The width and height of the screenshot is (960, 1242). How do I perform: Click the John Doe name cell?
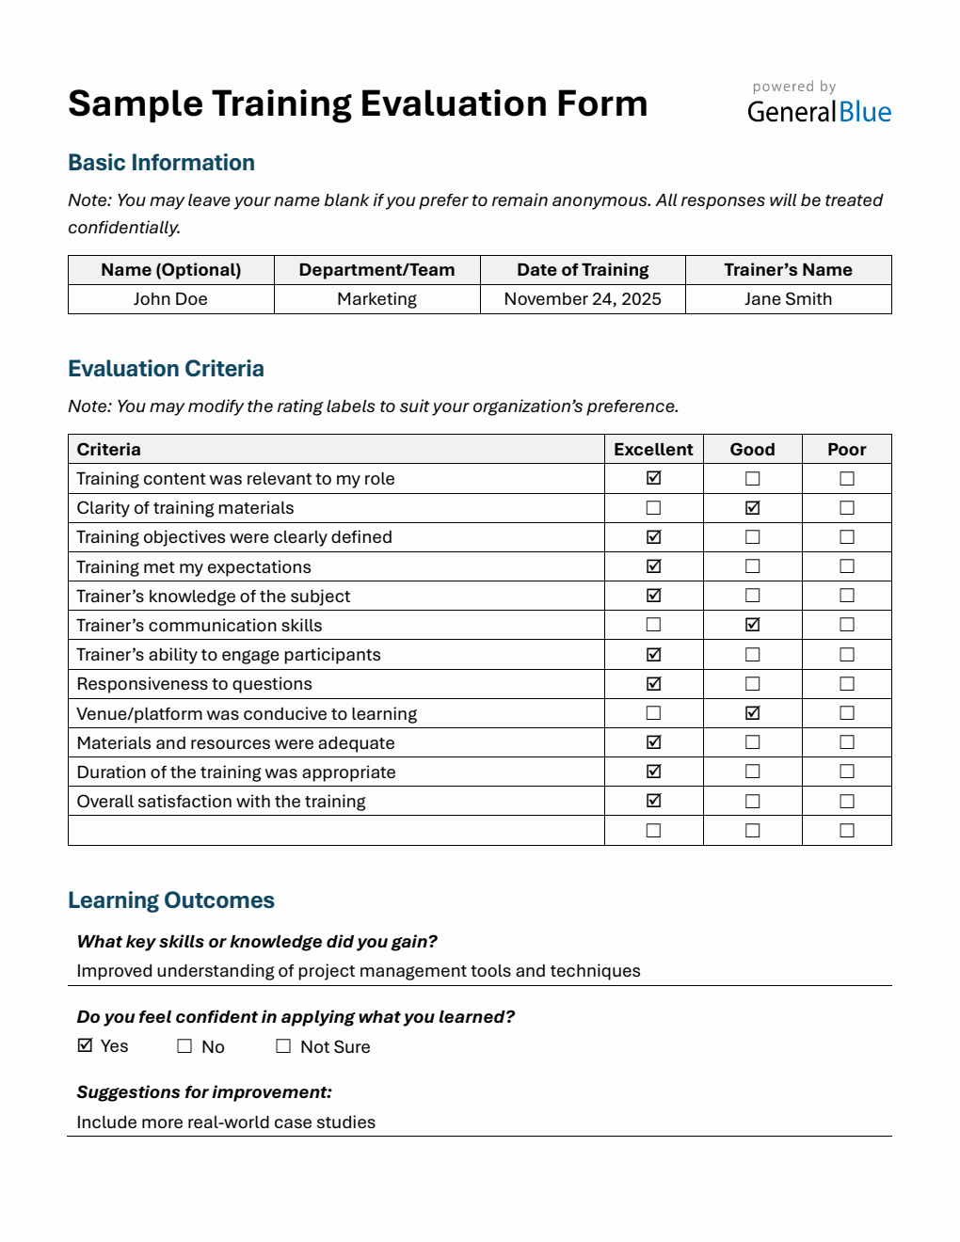pyautogui.click(x=170, y=299)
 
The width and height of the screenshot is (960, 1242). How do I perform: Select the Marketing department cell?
pyautogui.click(x=376, y=299)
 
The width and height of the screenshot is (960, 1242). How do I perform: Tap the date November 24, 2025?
pyautogui.click(x=583, y=299)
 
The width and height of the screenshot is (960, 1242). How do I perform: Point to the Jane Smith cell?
pyautogui.click(x=788, y=299)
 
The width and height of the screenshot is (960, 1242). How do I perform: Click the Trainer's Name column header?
pyautogui.click(x=788, y=270)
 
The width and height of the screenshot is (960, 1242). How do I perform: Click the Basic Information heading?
pyautogui.click(x=161, y=163)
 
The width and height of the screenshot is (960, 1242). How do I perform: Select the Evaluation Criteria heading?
pyautogui.click(x=166, y=369)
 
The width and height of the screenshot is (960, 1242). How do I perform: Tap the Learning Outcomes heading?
pyautogui.click(x=171, y=900)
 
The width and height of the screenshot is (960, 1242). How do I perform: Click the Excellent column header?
pyautogui.click(x=653, y=450)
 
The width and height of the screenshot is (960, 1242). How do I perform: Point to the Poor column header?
pyautogui.click(x=846, y=450)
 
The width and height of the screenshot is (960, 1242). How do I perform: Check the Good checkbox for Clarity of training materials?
pyautogui.click(x=752, y=508)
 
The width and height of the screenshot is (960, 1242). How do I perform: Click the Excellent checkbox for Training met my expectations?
pyautogui.click(x=653, y=566)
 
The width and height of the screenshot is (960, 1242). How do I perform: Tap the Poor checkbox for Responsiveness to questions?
pyautogui.click(x=846, y=684)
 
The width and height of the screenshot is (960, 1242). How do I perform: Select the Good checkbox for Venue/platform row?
pyautogui.click(x=752, y=713)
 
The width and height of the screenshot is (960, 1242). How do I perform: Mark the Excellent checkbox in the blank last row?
pyautogui.click(x=653, y=831)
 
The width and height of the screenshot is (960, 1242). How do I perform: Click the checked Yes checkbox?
pyautogui.click(x=86, y=1045)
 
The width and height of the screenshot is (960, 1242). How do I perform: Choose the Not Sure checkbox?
pyautogui.click(x=283, y=1046)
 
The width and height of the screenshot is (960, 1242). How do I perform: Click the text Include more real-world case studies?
pyautogui.click(x=226, y=1123)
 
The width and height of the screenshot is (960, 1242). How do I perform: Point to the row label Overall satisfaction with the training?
pyautogui.click(x=221, y=802)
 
